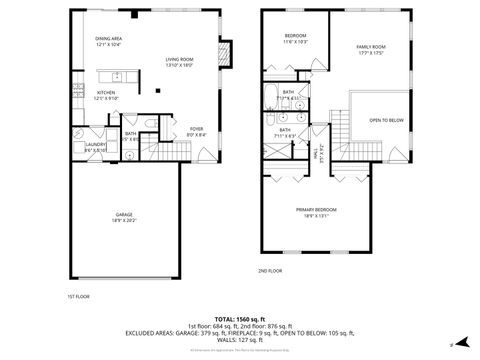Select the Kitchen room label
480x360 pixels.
pyautogui.click(x=106, y=95)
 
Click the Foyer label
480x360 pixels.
pyautogui.click(x=197, y=131)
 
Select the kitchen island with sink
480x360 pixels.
pyautogui.click(x=117, y=76)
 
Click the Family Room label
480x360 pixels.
pyautogui.click(x=372, y=50)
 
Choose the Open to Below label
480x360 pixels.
pyautogui.click(x=386, y=120)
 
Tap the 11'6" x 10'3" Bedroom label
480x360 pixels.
pyautogui.click(x=295, y=39)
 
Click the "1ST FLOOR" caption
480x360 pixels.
pyautogui.click(x=79, y=296)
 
